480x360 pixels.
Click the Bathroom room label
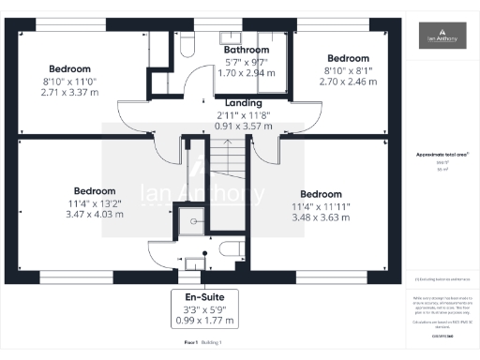pos(247,50)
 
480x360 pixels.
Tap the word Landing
pos(244,103)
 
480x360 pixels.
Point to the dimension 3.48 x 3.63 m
pos(320,217)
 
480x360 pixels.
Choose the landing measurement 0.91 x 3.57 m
pos(244,127)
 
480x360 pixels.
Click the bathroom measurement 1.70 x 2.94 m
pos(247,72)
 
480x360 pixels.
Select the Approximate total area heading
pos(442,155)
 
